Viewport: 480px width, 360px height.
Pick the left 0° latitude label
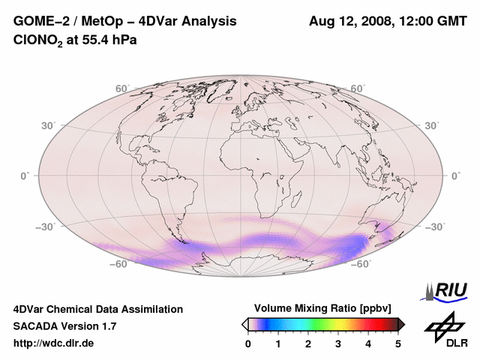(25, 175)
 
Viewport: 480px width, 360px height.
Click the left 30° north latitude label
(49, 125)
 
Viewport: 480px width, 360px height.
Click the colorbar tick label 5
(398, 343)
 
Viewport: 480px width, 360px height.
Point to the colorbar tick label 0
(248, 343)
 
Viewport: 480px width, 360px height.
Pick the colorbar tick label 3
(338, 343)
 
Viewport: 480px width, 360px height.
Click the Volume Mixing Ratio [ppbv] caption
(323, 308)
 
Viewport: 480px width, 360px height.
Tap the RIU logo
(448, 290)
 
